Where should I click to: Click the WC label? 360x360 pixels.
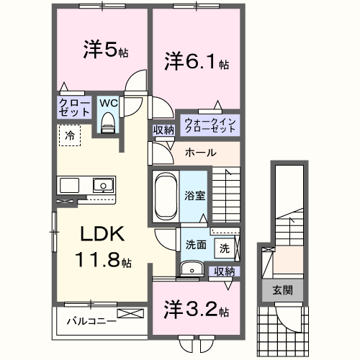[x=108, y=103]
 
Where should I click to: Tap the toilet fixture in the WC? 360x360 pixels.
[x=108, y=123]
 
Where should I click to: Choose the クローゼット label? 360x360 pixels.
[x=74, y=109]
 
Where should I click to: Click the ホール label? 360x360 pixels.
[x=199, y=153]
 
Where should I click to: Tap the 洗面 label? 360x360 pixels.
[x=195, y=245]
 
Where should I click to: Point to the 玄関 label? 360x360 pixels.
[x=282, y=290]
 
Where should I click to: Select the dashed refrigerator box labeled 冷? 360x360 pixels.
[x=70, y=135]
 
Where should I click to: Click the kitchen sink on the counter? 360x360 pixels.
[x=102, y=185]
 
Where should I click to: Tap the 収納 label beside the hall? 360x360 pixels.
[x=163, y=130]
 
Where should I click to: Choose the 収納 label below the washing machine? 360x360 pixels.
[x=225, y=271]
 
